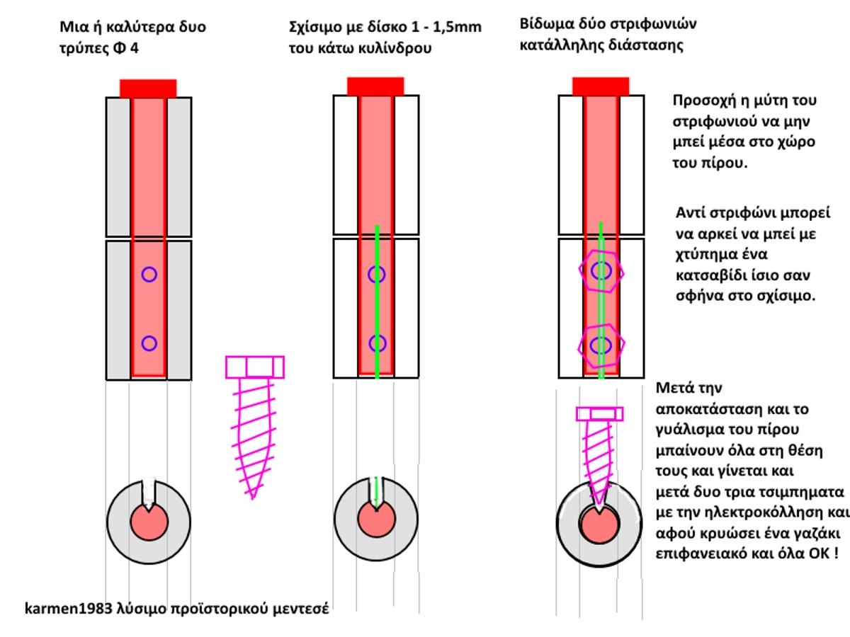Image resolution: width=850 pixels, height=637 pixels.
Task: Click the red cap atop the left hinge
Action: (148, 88)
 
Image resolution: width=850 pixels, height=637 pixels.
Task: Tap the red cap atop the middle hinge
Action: (375, 86)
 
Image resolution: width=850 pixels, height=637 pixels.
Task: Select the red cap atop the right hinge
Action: (601, 86)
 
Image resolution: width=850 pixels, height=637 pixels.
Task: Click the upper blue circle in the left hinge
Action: (149, 274)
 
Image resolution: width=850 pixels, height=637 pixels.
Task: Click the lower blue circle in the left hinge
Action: (149, 343)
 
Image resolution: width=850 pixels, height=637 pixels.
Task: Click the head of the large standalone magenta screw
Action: (255, 367)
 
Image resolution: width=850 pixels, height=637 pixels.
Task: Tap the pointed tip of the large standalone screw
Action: (253, 499)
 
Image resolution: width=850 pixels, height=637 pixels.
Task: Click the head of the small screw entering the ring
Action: (600, 414)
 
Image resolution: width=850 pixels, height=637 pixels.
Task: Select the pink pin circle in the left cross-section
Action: (149, 522)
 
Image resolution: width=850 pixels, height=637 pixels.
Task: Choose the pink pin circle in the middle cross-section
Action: (377, 519)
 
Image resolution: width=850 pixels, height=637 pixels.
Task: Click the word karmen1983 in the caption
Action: (69, 609)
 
